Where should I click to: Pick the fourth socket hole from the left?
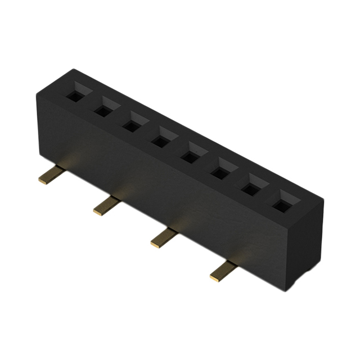point(162,139)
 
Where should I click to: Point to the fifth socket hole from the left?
point(192,155)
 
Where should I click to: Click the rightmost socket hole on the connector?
point(281,203)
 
